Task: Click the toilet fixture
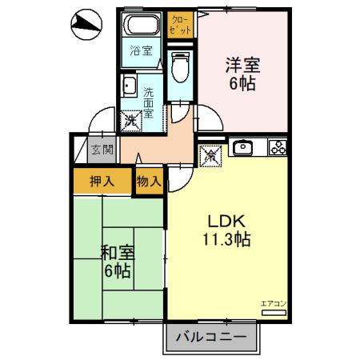(180, 68)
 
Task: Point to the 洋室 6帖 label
(242, 73)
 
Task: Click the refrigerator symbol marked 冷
(211, 156)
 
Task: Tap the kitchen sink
(242, 147)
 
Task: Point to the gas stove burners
(277, 147)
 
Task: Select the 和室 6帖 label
(117, 262)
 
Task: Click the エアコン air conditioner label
(272, 302)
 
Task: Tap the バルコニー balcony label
(211, 337)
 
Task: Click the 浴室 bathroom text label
(140, 54)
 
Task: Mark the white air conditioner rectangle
(272, 312)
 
